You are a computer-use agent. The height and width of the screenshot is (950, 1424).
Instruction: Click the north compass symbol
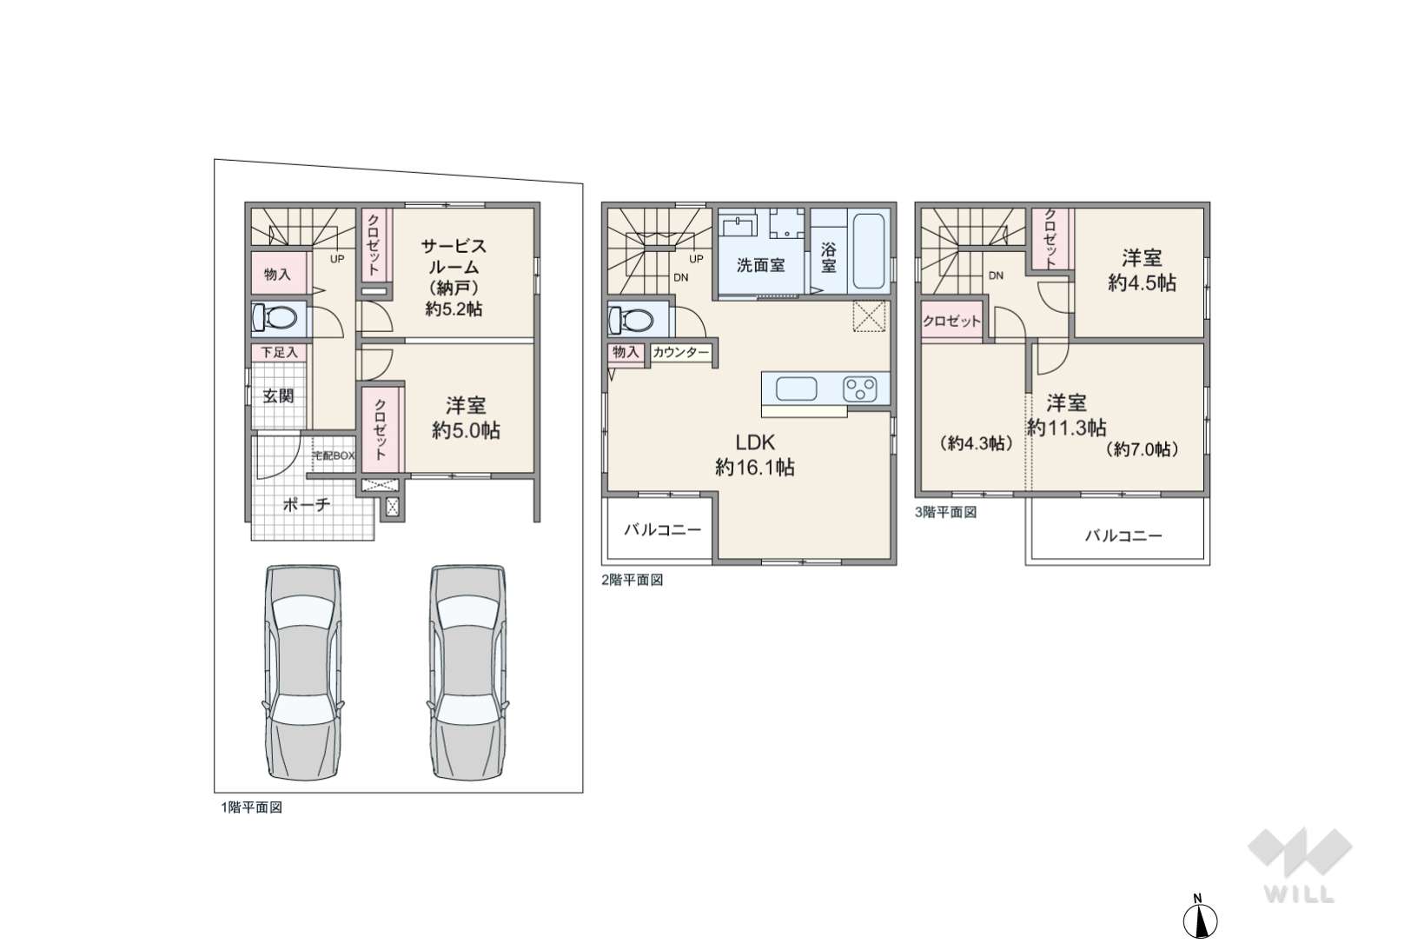click(x=1200, y=918)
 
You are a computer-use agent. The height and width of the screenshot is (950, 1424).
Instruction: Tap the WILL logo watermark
click(x=1300, y=865)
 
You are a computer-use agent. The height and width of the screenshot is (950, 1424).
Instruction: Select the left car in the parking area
click(x=303, y=672)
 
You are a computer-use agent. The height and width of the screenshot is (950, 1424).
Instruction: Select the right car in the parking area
click(x=469, y=672)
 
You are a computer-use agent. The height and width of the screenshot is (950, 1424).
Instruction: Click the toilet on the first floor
click(x=275, y=317)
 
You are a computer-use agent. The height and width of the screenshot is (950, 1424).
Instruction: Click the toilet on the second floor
click(x=631, y=320)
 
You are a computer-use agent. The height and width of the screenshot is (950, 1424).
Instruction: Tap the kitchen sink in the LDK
click(x=797, y=389)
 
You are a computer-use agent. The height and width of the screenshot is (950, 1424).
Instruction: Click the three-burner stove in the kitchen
click(x=860, y=389)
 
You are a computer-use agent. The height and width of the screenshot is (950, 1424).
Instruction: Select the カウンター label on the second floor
click(x=681, y=353)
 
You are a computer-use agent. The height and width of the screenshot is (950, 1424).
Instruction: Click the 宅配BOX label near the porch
click(x=334, y=456)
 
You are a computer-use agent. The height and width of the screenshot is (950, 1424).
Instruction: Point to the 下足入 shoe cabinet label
click(x=280, y=352)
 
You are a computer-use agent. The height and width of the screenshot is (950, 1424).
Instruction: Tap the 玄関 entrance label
click(x=278, y=395)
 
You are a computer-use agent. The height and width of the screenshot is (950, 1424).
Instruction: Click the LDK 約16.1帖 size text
click(x=755, y=468)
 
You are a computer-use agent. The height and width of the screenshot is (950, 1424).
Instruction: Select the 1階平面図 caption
click(x=252, y=807)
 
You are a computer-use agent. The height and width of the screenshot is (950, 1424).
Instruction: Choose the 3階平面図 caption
click(x=946, y=512)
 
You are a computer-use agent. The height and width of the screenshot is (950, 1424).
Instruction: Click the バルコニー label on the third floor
click(x=1123, y=535)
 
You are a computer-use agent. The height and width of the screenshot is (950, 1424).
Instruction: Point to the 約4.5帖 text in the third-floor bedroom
click(x=1143, y=283)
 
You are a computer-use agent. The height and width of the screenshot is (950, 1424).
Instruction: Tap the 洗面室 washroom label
click(x=761, y=265)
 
